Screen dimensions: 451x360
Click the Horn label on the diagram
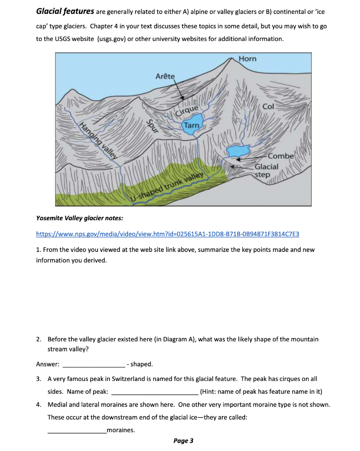(247, 59)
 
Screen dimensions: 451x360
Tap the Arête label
(165, 77)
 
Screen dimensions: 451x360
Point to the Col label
(268, 107)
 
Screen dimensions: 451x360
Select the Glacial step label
(267, 170)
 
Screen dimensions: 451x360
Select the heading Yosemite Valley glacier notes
(80, 218)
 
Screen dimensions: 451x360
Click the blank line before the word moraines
(77, 431)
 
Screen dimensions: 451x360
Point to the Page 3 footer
(183, 441)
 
